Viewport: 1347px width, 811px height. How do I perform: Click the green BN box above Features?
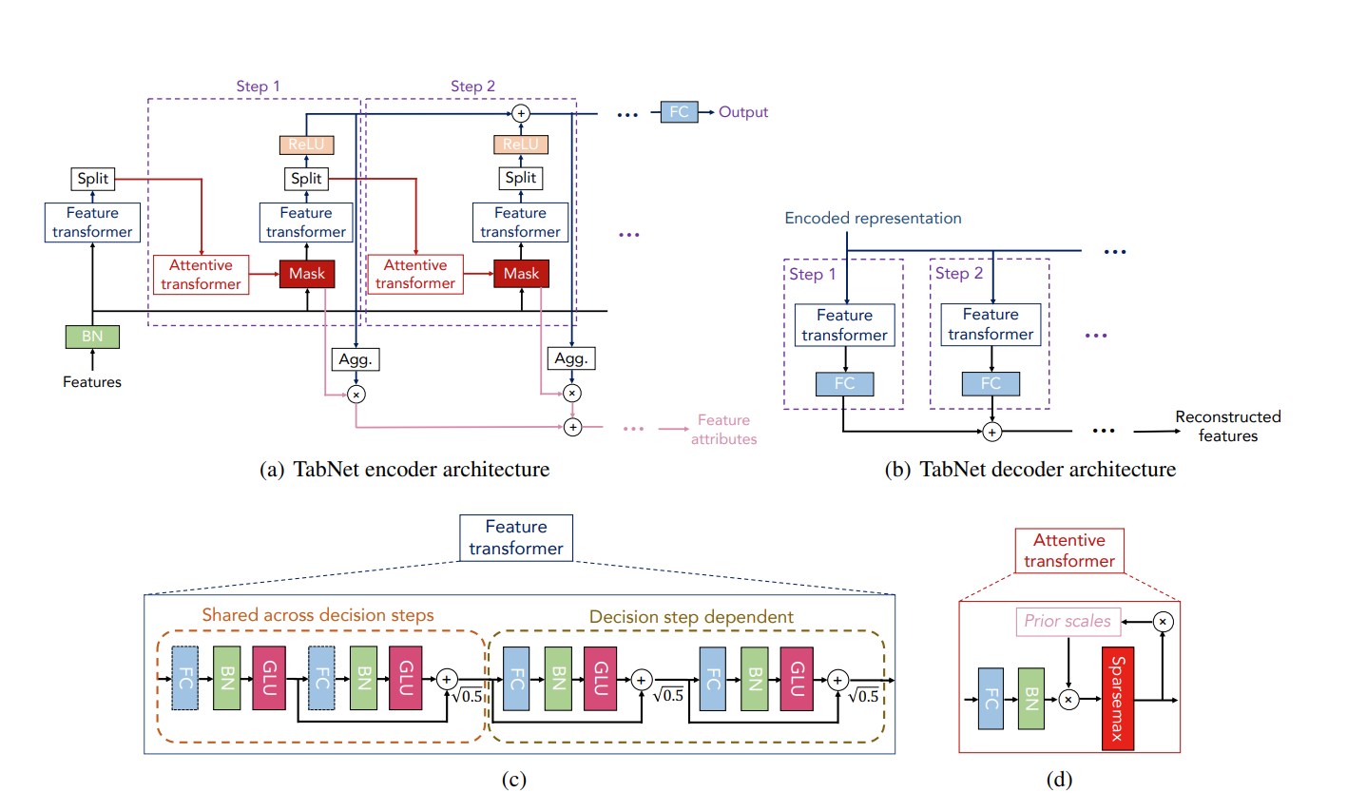coord(92,337)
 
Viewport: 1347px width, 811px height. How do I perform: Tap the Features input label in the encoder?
coord(92,382)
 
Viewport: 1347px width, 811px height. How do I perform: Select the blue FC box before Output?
coord(679,112)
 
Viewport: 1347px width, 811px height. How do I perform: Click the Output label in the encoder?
coord(743,112)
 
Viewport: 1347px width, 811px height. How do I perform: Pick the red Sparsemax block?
coord(1117,699)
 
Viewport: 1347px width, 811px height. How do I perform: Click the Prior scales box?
coord(1068,622)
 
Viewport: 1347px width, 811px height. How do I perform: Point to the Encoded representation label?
coord(873,219)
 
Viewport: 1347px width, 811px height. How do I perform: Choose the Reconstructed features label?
coord(1228,426)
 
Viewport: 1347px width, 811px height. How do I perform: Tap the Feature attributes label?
coord(723,430)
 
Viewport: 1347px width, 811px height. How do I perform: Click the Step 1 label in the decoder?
coord(813,275)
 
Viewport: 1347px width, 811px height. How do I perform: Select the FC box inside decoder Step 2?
coord(991,384)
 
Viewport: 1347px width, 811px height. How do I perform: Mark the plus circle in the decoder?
coord(991,432)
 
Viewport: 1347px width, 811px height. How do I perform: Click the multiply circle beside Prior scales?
coord(1163,622)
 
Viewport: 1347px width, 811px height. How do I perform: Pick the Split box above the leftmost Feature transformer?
coord(92,179)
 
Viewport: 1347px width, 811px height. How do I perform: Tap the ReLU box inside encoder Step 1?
coord(306,145)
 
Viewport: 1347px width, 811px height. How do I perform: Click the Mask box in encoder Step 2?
coord(521,274)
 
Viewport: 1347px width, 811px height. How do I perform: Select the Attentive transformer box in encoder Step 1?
coord(201,275)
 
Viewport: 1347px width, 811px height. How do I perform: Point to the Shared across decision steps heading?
coord(318,615)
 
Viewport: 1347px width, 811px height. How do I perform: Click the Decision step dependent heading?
coord(691,617)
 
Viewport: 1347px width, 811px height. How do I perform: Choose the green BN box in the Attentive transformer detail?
coord(1030,699)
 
